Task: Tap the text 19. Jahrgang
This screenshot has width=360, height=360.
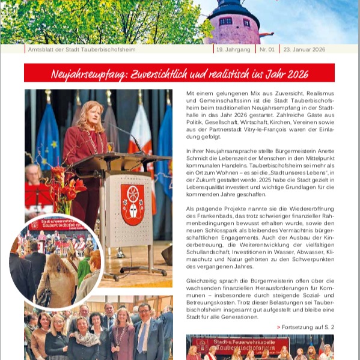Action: [234, 49]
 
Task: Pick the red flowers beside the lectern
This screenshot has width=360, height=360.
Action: [66, 186]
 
